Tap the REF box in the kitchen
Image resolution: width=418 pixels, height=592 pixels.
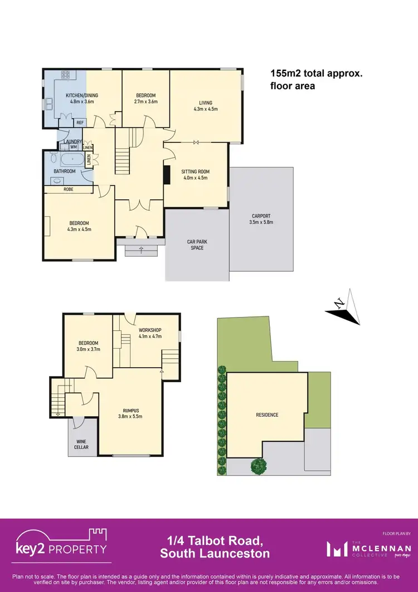80,122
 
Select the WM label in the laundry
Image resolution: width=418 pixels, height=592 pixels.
73,147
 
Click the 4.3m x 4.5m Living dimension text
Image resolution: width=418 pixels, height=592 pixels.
206,109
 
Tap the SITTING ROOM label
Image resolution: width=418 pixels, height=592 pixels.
195,171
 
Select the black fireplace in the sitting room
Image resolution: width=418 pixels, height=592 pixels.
166,175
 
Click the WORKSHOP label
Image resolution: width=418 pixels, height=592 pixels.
149,330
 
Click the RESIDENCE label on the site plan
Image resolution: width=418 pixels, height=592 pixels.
267,415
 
